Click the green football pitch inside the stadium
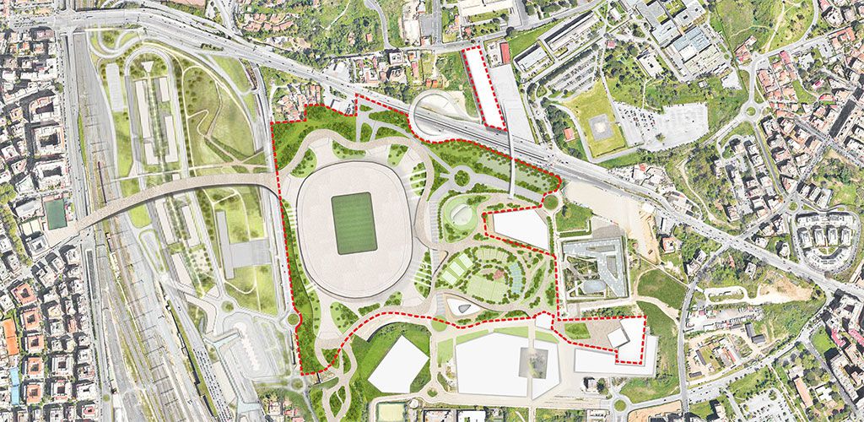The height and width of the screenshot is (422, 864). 354,224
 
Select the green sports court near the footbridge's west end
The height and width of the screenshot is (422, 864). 57,214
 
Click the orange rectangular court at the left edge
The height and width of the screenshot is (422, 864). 10,337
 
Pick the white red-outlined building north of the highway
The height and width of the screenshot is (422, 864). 483,87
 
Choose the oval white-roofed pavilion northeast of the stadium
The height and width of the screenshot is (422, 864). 462,212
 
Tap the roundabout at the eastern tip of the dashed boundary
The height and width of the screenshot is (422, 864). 551,203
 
